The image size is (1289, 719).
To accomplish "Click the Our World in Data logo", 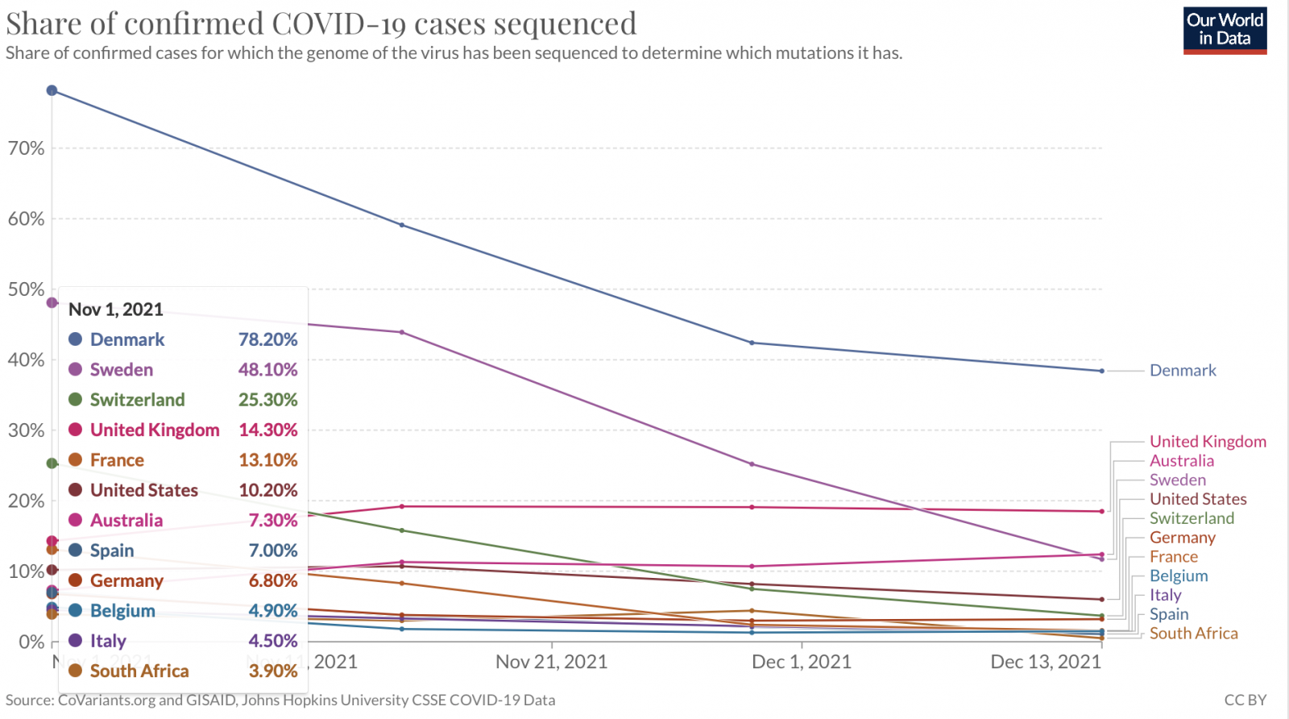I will (1225, 30).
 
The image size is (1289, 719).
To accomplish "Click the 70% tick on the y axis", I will (26, 148).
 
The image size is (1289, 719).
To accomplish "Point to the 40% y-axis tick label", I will (26, 360).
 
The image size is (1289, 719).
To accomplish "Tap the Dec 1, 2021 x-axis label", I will (801, 663).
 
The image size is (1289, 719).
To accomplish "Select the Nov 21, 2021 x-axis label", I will (551, 663).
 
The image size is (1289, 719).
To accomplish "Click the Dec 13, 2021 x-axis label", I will (1045, 663).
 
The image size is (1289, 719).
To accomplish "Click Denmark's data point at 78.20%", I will (52, 90).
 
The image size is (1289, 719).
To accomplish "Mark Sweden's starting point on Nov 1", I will (52, 303).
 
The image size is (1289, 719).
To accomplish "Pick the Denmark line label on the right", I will (1183, 371).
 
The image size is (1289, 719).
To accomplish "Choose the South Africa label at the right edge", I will (1193, 634).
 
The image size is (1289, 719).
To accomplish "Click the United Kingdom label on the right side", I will (1208, 442).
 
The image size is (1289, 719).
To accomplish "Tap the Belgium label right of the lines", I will (1179, 576).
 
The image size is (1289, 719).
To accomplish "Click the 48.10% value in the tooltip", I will (267, 370).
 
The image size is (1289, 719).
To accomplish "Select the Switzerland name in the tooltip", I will (137, 400).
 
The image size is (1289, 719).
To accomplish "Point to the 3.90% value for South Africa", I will (273, 671).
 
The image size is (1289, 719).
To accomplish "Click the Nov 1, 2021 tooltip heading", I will (116, 310).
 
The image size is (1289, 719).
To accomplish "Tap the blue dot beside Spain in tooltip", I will (76, 551).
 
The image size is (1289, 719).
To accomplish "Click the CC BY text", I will (1245, 700).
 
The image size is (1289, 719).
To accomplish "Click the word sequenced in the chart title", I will (565, 23).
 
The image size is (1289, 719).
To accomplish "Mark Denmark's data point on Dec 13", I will (1101, 371).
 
